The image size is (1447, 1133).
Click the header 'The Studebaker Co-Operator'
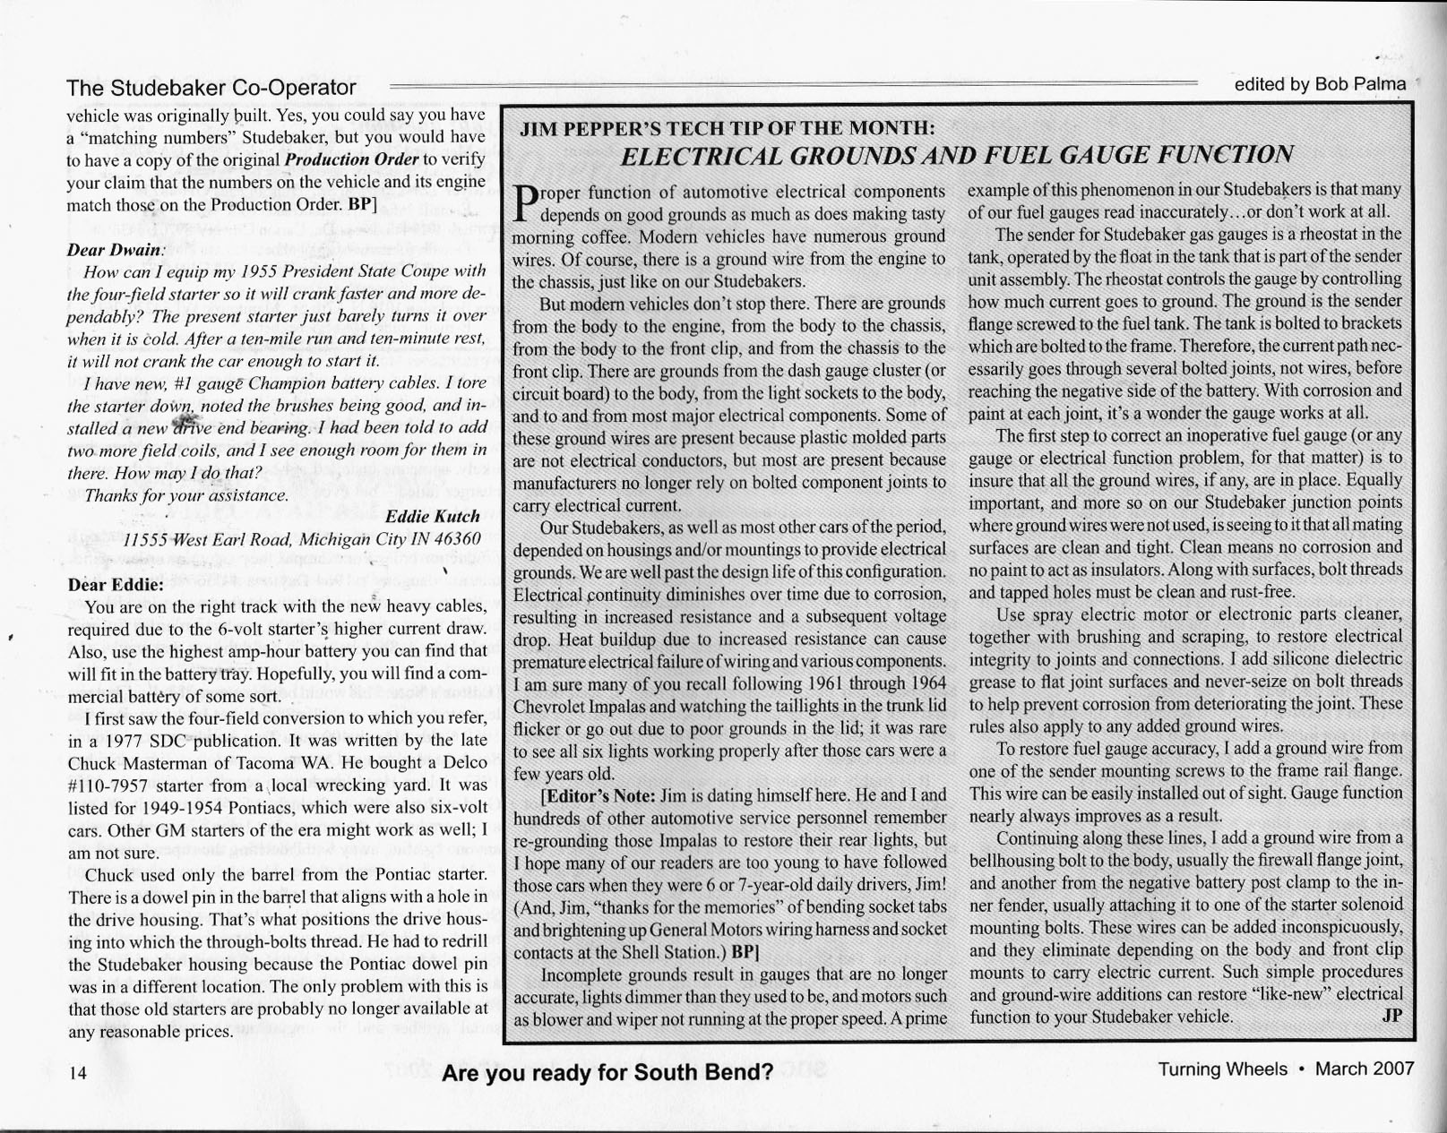(211, 88)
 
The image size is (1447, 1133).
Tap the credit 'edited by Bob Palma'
(1320, 84)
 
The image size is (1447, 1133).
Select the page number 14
(78, 1073)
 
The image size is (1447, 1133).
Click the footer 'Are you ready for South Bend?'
(607, 1073)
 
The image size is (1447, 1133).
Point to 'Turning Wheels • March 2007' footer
(1286, 1069)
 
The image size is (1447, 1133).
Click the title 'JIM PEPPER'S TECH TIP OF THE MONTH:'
(728, 128)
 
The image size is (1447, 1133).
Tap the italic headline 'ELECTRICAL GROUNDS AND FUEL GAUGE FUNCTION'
(957, 156)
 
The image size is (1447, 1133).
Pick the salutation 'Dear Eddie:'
(116, 585)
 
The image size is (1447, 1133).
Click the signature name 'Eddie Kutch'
(432, 516)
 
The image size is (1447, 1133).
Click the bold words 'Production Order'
(351, 159)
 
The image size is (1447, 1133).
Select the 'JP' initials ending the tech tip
(1391, 1016)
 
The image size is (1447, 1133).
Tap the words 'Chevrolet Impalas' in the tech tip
(580, 706)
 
